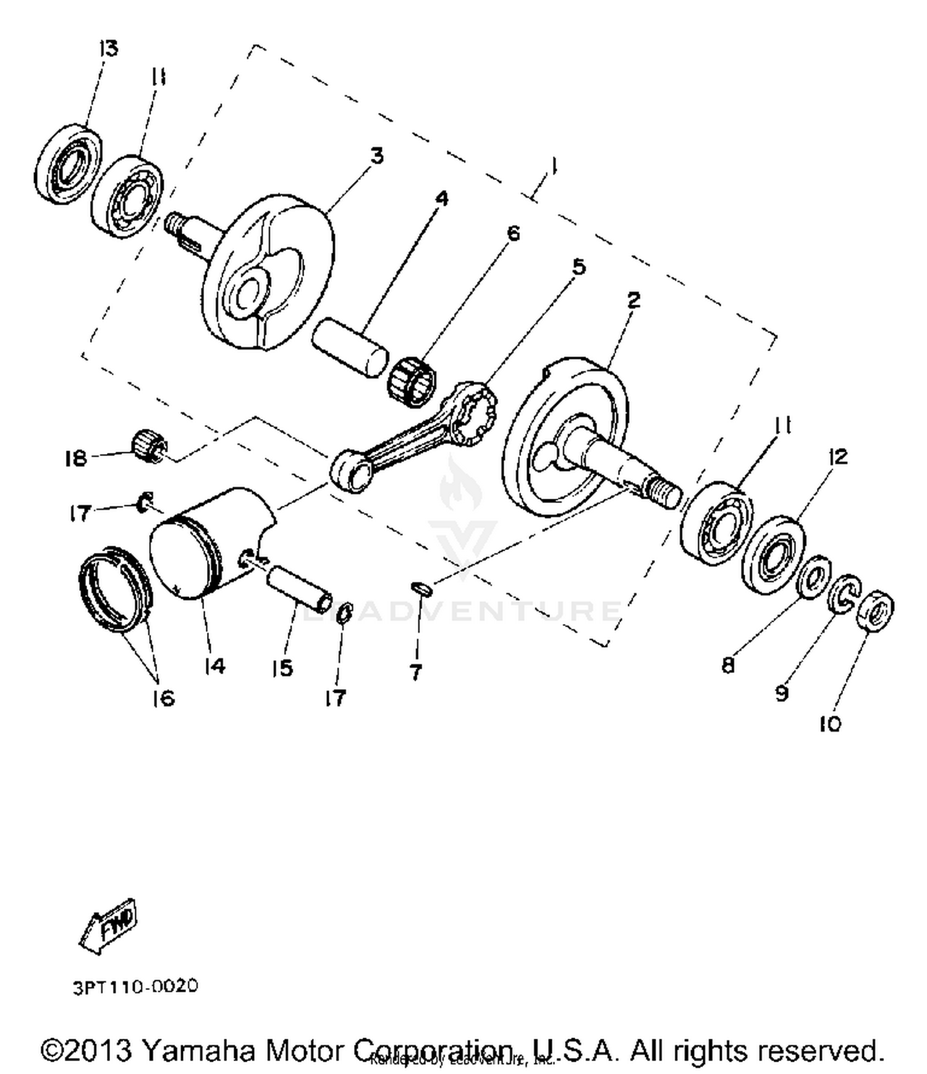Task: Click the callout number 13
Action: point(108,48)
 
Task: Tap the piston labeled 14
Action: point(204,544)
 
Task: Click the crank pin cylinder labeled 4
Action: point(350,347)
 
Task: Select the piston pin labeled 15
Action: point(299,588)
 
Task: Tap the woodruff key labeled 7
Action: point(422,588)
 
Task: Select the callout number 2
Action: point(633,300)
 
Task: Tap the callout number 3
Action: point(376,156)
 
